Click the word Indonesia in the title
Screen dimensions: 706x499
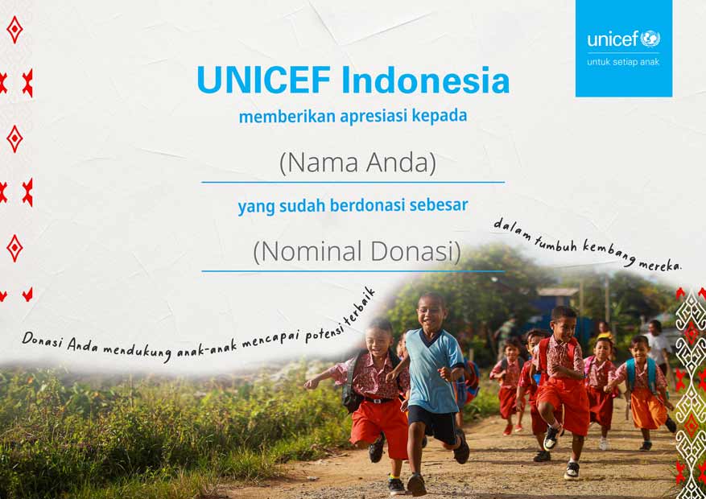(426, 80)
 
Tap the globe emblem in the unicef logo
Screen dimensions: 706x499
(650, 39)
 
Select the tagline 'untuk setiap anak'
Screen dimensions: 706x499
(623, 62)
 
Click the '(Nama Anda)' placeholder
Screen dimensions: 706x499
(358, 163)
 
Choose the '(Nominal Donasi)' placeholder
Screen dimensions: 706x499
(357, 251)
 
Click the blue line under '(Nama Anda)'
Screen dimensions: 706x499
(353, 182)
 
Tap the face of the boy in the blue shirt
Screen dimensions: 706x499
(431, 310)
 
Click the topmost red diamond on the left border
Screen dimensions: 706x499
(14, 30)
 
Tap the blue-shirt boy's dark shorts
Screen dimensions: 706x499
(432, 424)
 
